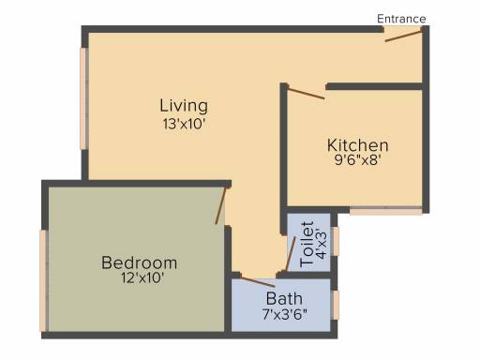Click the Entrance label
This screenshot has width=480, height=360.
point(401,19)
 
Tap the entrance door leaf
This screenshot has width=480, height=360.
point(403,36)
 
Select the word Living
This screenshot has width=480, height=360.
point(184,105)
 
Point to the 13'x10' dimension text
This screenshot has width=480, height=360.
point(184,124)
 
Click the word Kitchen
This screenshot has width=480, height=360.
point(358,145)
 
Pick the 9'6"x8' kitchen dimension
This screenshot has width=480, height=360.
point(358,160)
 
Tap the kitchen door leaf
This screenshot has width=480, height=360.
point(306,94)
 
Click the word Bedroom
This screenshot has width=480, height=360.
point(140,262)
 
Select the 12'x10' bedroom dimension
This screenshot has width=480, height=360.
point(142,277)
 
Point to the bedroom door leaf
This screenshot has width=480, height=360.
point(220,205)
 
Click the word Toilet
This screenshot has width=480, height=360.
point(307,244)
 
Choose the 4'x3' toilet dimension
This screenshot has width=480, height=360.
point(322,244)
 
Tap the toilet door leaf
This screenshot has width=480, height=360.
point(291,254)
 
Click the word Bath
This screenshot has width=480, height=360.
point(284,299)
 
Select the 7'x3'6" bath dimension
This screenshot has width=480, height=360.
point(285,314)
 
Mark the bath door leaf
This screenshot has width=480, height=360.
point(258,282)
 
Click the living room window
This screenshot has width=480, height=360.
point(83,98)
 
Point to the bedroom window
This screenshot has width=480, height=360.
point(44,280)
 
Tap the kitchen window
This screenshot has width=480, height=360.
point(386,211)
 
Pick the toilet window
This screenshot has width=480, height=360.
point(335,241)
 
